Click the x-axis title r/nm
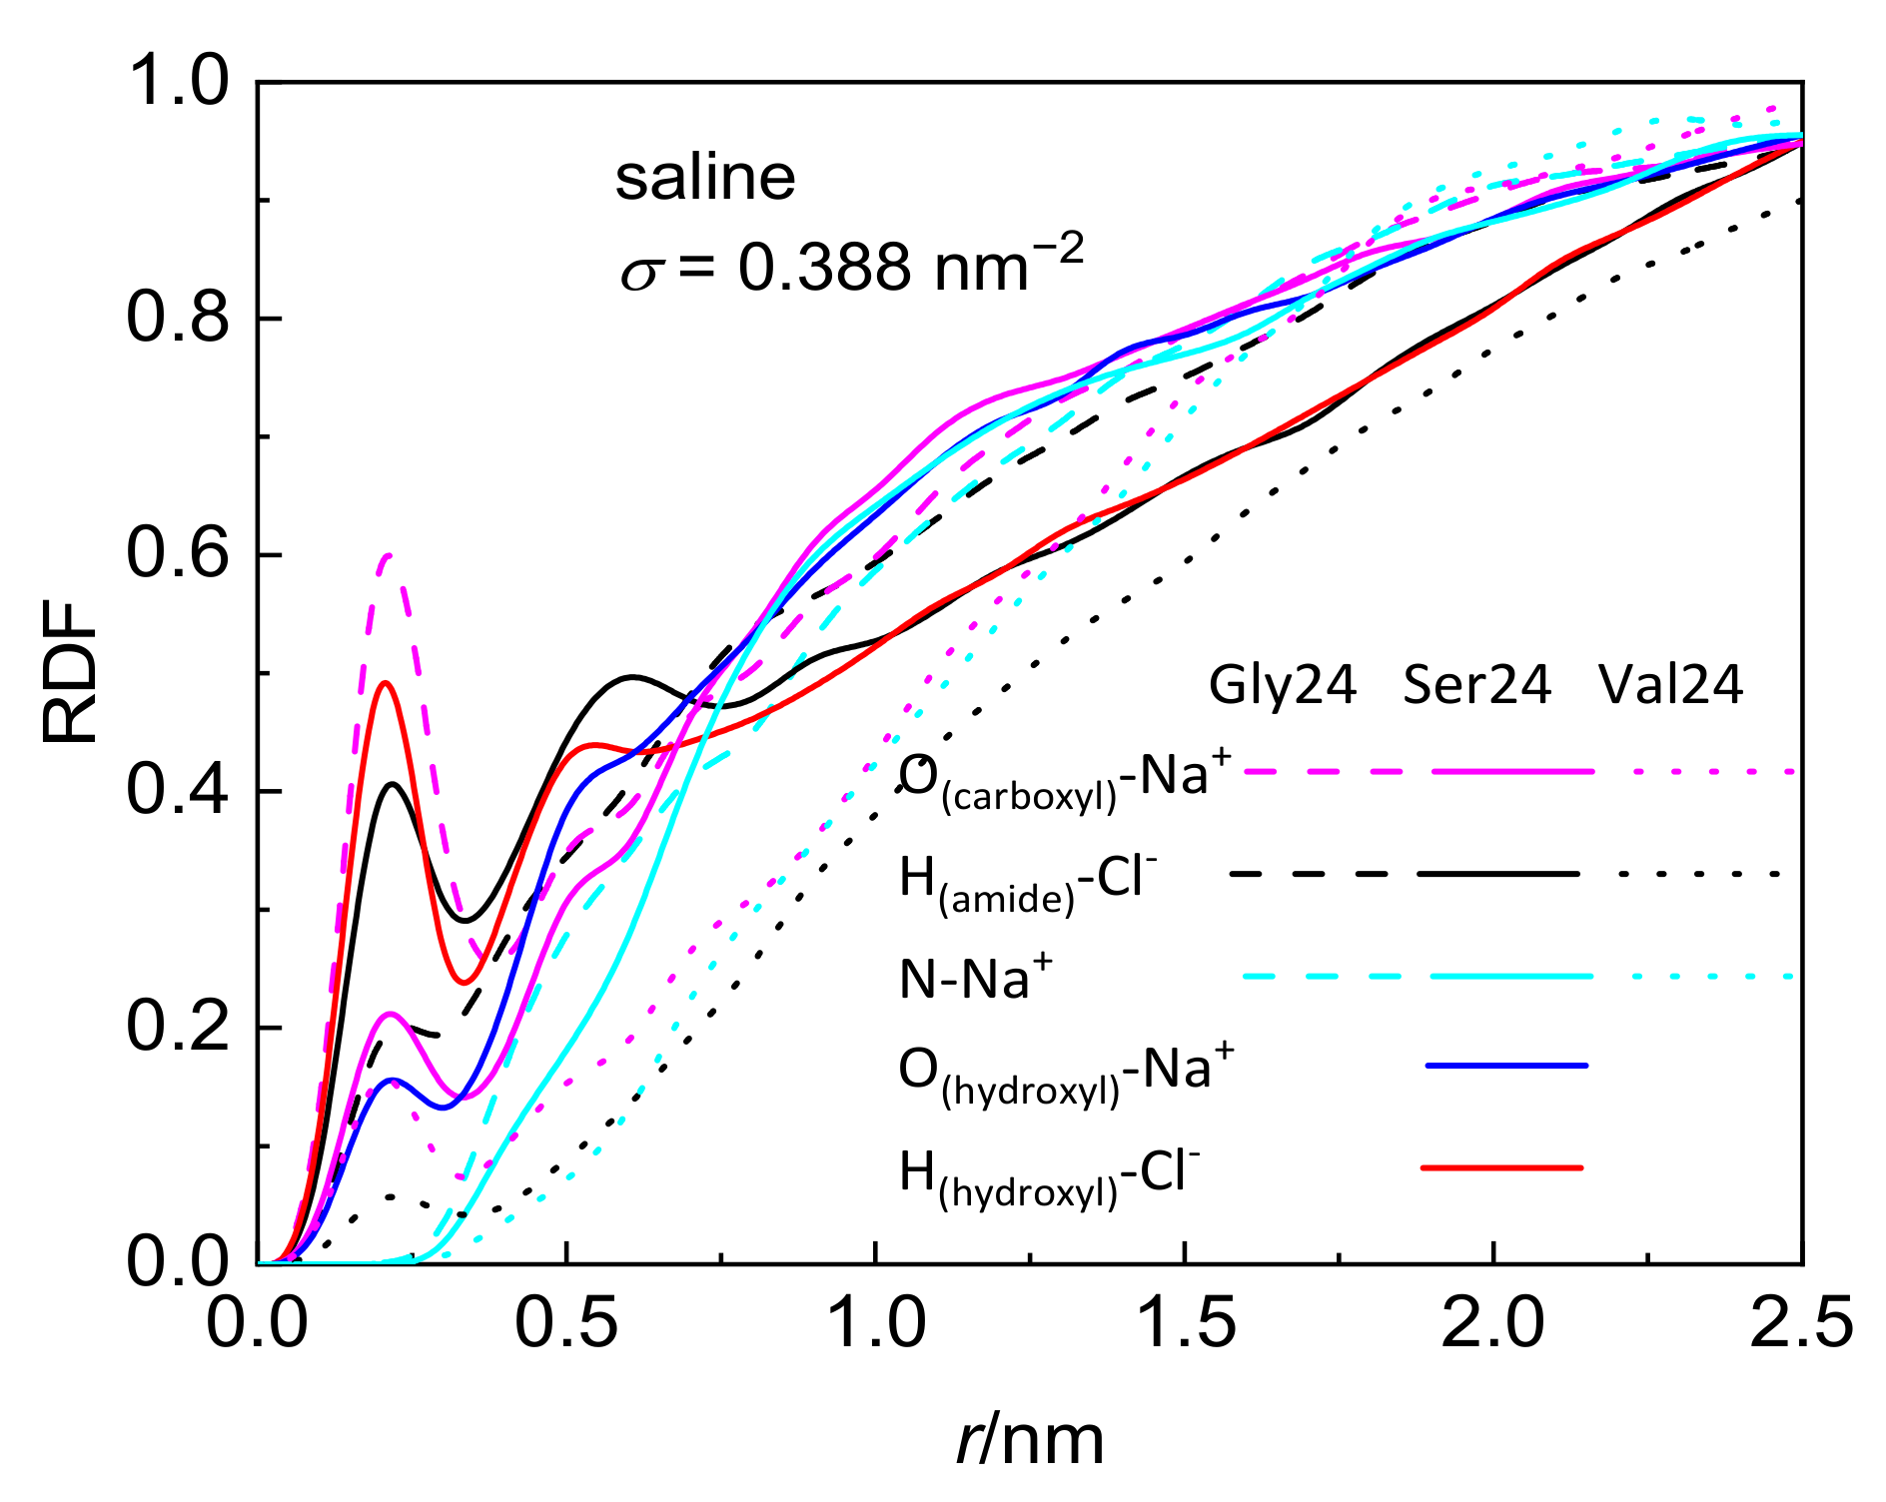[1030, 1439]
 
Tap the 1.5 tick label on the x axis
[1185, 1323]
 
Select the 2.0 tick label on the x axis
[1492, 1323]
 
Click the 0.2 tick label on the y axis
[178, 1027]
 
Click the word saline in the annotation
[705, 178]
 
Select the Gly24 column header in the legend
[1283, 685]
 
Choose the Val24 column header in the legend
[1670, 685]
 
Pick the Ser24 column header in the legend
[1476, 685]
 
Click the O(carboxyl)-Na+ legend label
[1065, 779]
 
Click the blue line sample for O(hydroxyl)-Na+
[1505, 1066]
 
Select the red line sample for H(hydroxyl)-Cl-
[1501, 1167]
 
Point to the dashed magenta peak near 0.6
[389, 555]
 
